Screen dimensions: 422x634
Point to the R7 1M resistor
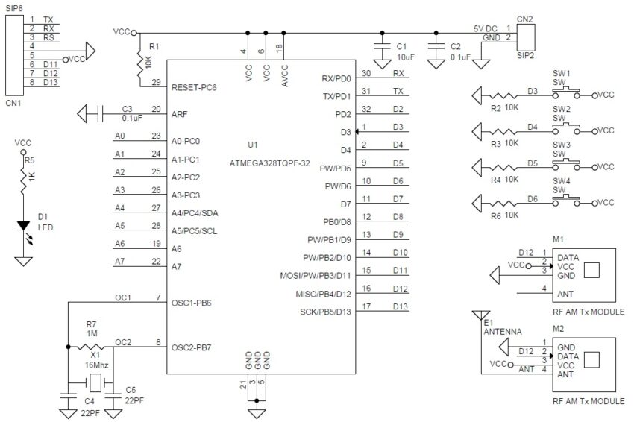click(x=90, y=346)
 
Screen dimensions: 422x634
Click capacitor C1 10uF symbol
click(x=382, y=49)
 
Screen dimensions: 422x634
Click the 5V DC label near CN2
click(x=486, y=28)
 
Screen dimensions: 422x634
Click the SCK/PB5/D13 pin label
click(x=319, y=310)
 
